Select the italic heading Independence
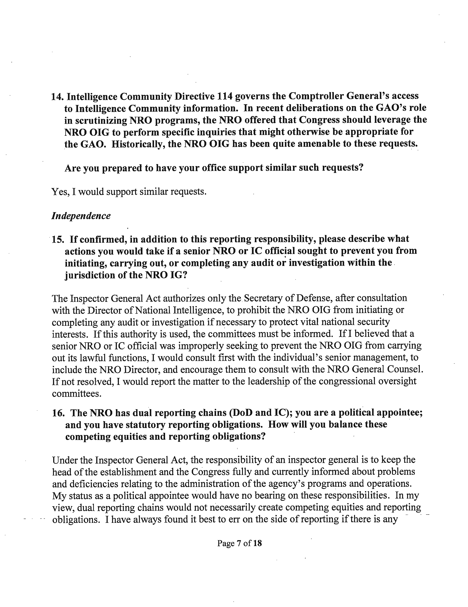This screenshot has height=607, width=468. coord(81,216)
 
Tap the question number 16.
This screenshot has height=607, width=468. coord(58,413)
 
